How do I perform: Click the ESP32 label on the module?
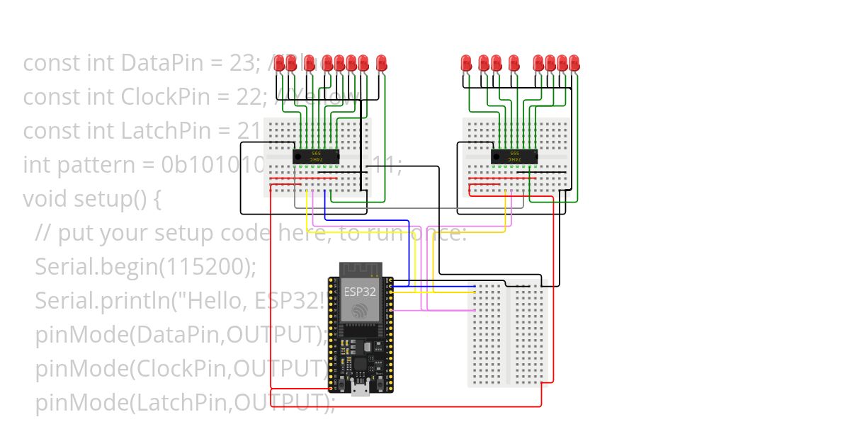click(360, 291)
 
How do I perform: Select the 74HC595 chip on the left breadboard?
click(316, 156)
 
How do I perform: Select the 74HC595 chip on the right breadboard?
click(514, 156)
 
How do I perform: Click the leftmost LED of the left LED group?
click(280, 63)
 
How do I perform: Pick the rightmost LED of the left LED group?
click(381, 63)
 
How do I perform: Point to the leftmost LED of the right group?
click(466, 63)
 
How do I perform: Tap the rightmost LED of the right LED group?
click(574, 63)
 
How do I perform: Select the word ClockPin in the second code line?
click(164, 97)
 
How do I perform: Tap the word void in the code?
click(47, 199)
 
